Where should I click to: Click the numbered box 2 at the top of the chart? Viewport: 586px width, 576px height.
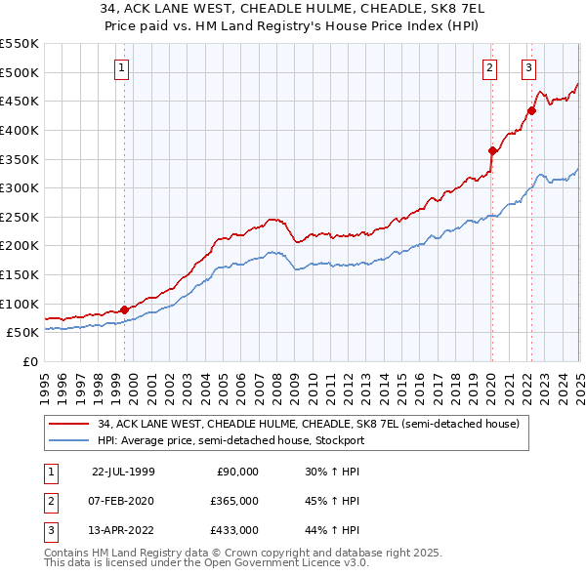pos(488,67)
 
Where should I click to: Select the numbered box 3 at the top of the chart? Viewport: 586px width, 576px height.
pos(528,67)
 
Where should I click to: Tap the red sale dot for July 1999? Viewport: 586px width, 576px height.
pos(124,309)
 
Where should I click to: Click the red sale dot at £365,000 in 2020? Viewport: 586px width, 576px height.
pos(492,149)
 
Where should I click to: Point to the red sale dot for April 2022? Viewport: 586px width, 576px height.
pos(532,110)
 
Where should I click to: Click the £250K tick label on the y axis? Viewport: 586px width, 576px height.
pos(20,217)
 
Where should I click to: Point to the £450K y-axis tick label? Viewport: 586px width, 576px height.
pos(20,101)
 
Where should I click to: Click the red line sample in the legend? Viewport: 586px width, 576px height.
pos(69,423)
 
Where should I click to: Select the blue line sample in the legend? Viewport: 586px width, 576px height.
pos(69,440)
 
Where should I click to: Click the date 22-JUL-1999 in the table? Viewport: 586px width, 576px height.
pos(123,471)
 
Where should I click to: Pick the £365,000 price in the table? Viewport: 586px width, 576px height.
pos(234,501)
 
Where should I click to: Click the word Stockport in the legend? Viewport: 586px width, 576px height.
pos(342,440)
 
